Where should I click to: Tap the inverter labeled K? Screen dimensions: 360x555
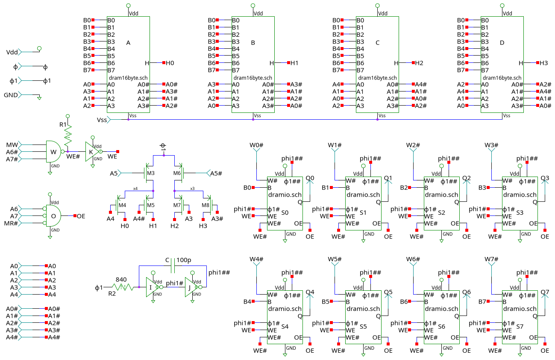[91, 152]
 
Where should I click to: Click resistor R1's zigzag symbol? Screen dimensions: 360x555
[68, 137]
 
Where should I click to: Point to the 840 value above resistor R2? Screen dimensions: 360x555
[121, 280]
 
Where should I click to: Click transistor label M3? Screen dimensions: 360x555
[150, 173]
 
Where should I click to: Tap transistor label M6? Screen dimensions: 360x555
[177, 173]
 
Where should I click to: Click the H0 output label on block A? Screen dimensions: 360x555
[170, 63]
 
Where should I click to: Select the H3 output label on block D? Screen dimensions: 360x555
[543, 63]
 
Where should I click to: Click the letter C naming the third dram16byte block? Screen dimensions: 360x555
[377, 43]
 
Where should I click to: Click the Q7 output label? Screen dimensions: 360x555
[545, 292]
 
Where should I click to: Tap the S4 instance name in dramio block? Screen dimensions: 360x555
[285, 326]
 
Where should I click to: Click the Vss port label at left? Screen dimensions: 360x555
[102, 120]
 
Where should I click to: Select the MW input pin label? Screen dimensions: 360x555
[12, 145]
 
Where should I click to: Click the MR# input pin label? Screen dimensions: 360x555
[11, 223]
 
